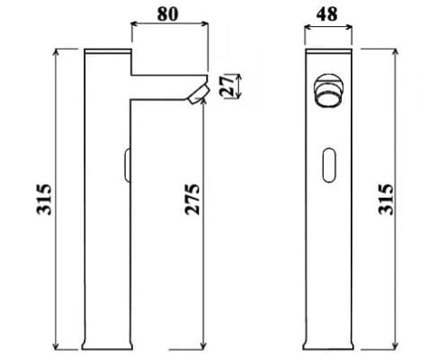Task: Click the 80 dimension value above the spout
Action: pos(168,15)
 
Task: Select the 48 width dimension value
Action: pos(326,15)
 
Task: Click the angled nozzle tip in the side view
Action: pos(197,94)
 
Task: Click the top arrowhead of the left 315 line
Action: pos(58,52)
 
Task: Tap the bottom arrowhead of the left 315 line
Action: pos(58,346)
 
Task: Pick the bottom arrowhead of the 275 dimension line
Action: pos(205,346)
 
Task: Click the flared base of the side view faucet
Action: pos(107,343)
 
